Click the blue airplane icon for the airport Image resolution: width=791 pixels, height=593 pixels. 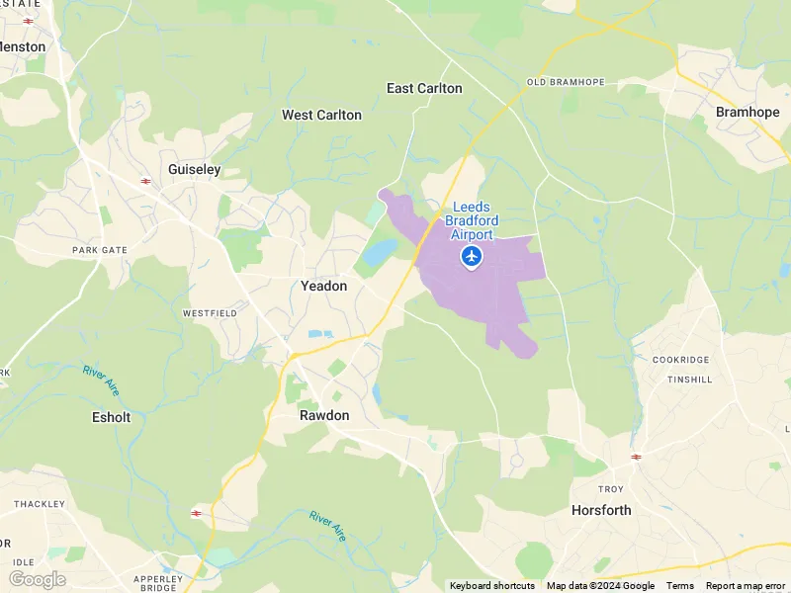[472, 257]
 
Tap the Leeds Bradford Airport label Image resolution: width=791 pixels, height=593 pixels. [472, 220]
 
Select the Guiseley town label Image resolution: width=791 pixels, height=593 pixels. [195, 169]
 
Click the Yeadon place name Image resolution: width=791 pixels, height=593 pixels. [323, 286]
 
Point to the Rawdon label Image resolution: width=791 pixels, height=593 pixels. [324, 415]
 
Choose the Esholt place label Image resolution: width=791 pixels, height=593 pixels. [111, 417]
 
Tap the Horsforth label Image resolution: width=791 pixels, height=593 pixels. [601, 510]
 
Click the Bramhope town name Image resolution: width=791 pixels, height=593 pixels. [747, 112]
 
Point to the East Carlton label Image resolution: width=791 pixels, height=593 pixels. [424, 88]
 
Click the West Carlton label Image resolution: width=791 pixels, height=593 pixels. [321, 115]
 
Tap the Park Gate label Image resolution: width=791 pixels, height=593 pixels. [100, 250]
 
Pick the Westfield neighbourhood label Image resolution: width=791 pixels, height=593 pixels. [209, 313]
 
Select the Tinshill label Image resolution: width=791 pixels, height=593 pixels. [689, 380]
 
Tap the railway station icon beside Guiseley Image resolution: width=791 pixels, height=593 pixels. [145, 181]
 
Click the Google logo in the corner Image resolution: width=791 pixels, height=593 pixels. [37, 579]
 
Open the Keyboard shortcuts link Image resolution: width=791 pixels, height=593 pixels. [492, 586]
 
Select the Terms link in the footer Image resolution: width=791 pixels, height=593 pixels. [679, 586]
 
